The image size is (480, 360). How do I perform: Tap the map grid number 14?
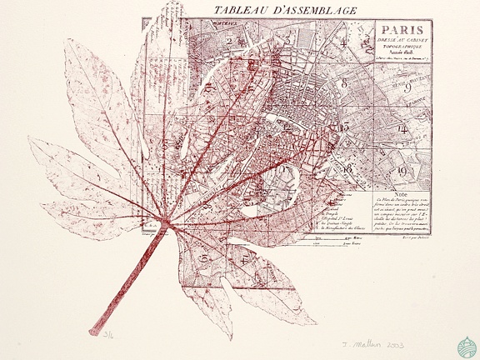(x=402, y=130)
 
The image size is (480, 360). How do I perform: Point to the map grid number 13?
(x=343, y=127)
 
